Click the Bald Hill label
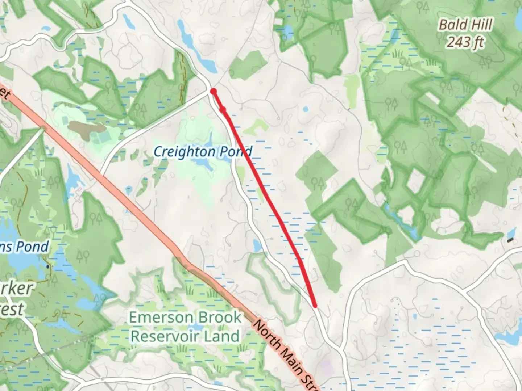point(465,25)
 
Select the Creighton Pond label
point(202,151)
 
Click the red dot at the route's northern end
point(214,91)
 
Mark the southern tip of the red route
point(315,306)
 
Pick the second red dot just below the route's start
point(223,109)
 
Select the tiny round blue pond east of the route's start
point(305,109)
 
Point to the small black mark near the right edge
point(510,240)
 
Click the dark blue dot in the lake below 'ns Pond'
point(48,267)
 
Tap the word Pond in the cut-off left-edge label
point(33,247)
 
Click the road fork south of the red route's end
point(341,349)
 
